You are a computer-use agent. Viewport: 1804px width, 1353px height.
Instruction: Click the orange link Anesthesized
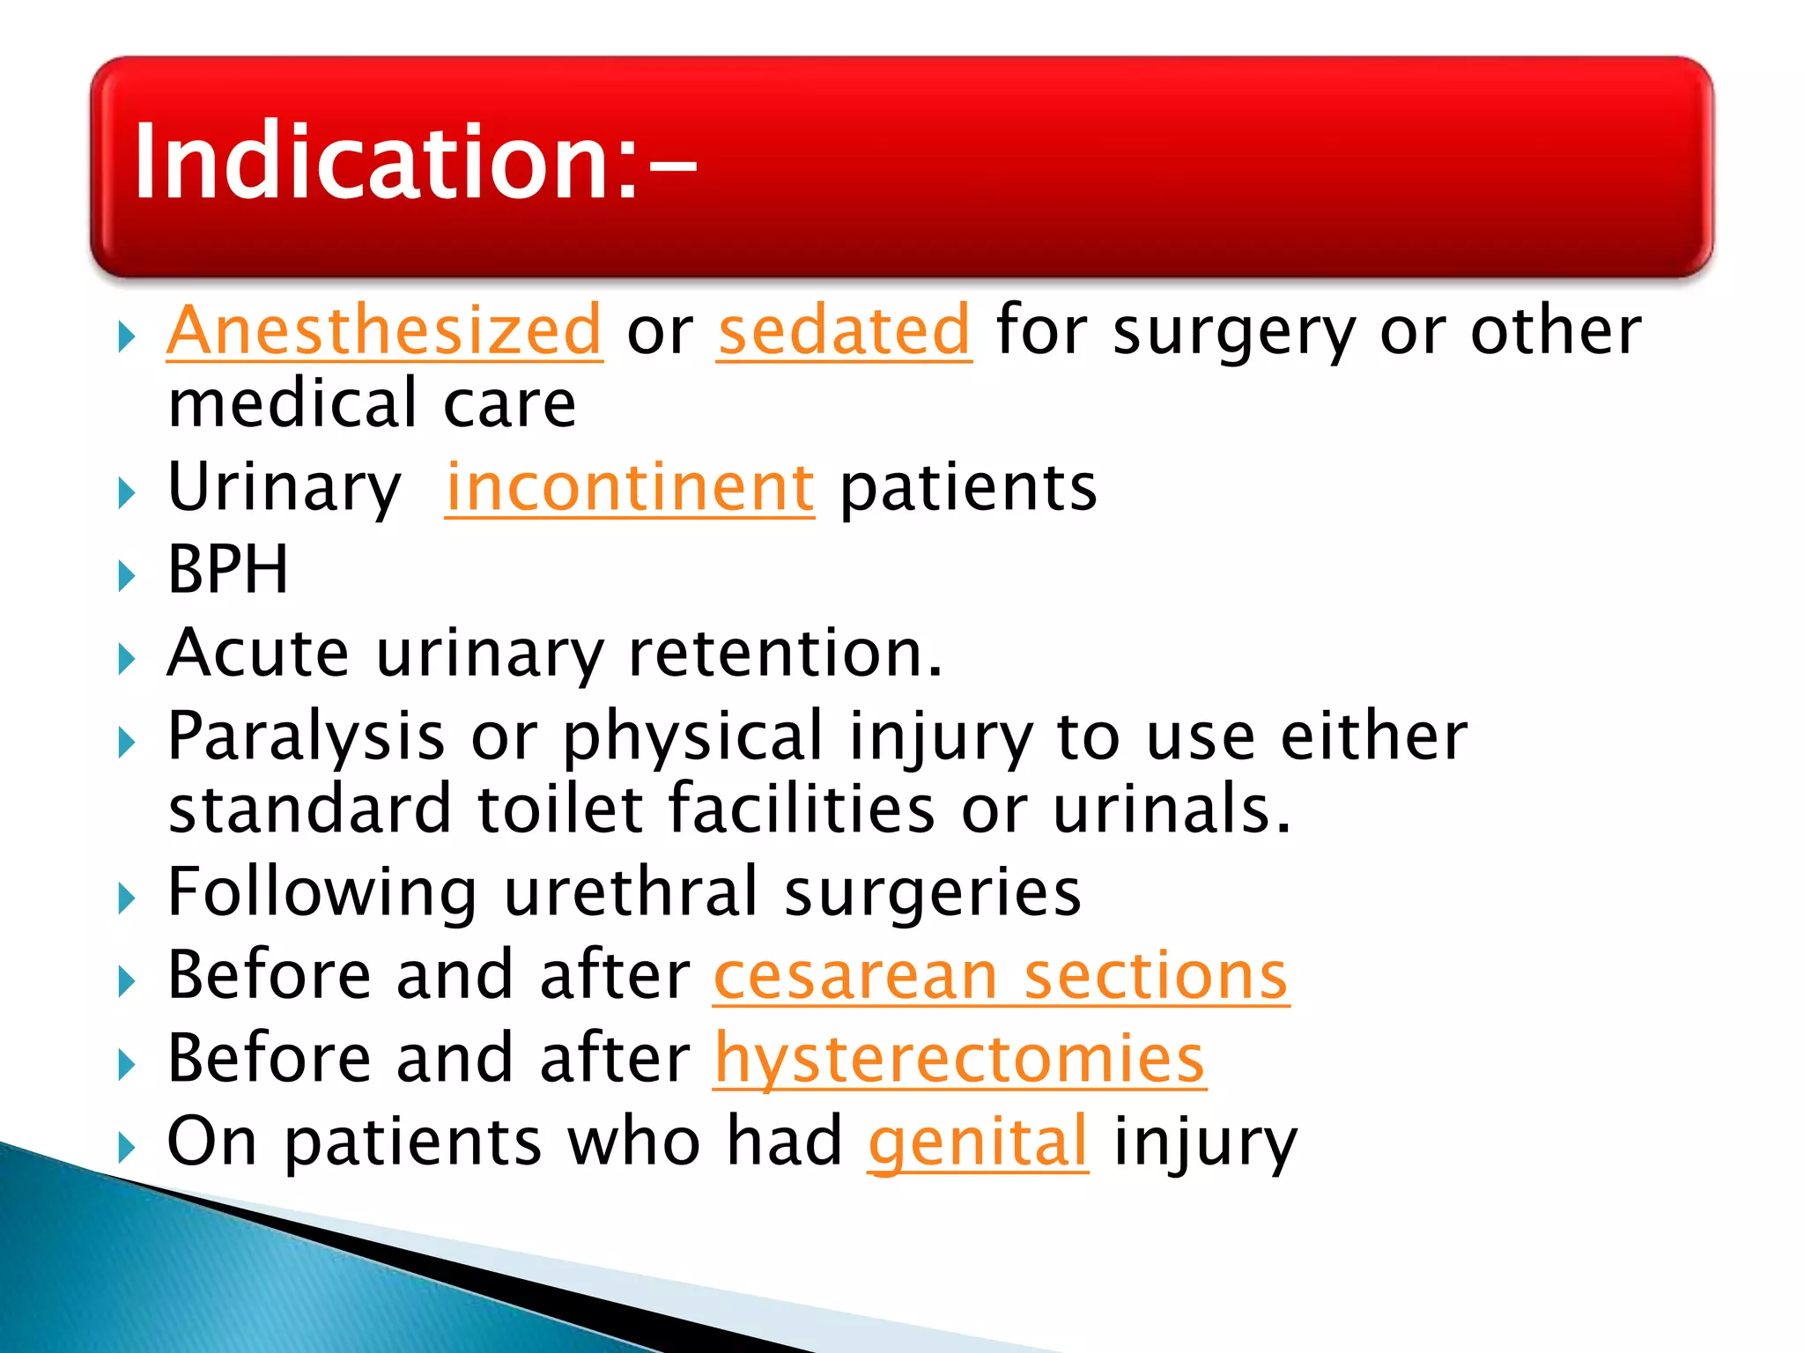coord(384,331)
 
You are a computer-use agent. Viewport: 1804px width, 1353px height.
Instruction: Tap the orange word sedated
coord(844,331)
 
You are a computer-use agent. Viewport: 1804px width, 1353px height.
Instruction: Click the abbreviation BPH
coord(227,570)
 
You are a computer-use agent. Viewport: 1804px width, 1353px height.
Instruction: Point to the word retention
coord(784,654)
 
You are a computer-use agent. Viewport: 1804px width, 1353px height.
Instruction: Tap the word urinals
coord(1172,809)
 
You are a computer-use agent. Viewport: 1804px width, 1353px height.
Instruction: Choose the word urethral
coord(631,892)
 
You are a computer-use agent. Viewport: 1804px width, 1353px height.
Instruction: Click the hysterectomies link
coord(959,1059)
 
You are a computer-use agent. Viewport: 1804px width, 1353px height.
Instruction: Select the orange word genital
coord(978,1142)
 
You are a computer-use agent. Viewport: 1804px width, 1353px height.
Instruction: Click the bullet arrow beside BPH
coord(127,576)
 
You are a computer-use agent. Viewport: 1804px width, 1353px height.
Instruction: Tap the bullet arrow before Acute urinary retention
coord(127,659)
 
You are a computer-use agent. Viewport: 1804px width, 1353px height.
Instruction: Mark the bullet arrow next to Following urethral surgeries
coord(127,898)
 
